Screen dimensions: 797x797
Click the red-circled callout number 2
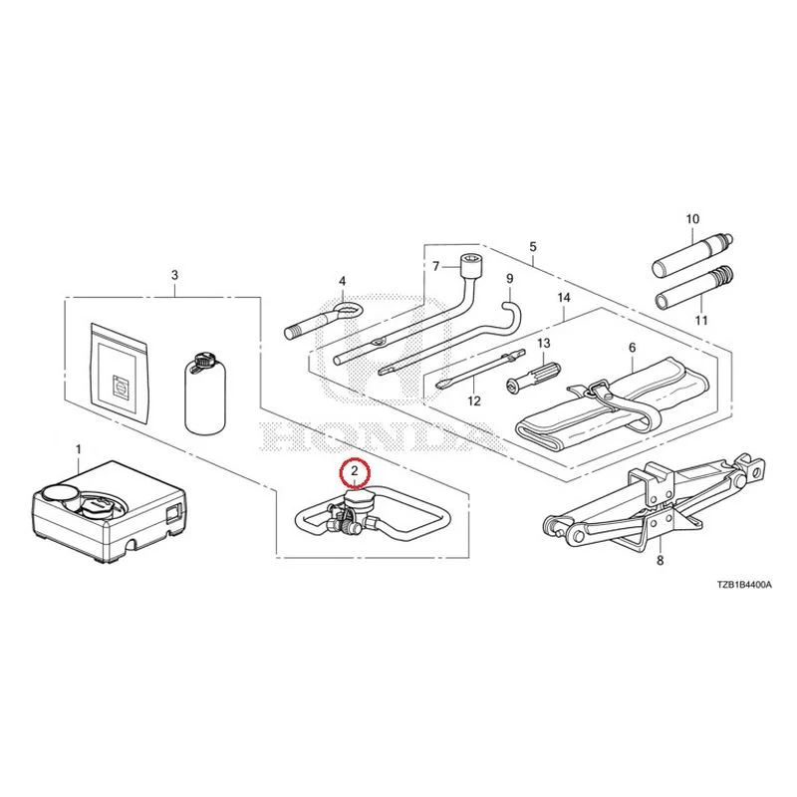(355, 470)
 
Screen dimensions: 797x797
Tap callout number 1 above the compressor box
(79, 450)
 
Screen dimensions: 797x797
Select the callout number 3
(175, 275)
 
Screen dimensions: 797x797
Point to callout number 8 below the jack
(660, 561)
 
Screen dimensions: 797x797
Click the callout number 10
(692, 219)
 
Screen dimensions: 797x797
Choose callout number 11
(701, 320)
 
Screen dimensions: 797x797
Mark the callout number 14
(564, 297)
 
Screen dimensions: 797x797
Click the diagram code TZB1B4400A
(744, 585)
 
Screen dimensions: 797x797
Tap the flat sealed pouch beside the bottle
(120, 373)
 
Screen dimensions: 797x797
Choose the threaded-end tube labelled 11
(693, 287)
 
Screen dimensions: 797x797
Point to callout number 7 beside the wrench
(435, 266)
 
